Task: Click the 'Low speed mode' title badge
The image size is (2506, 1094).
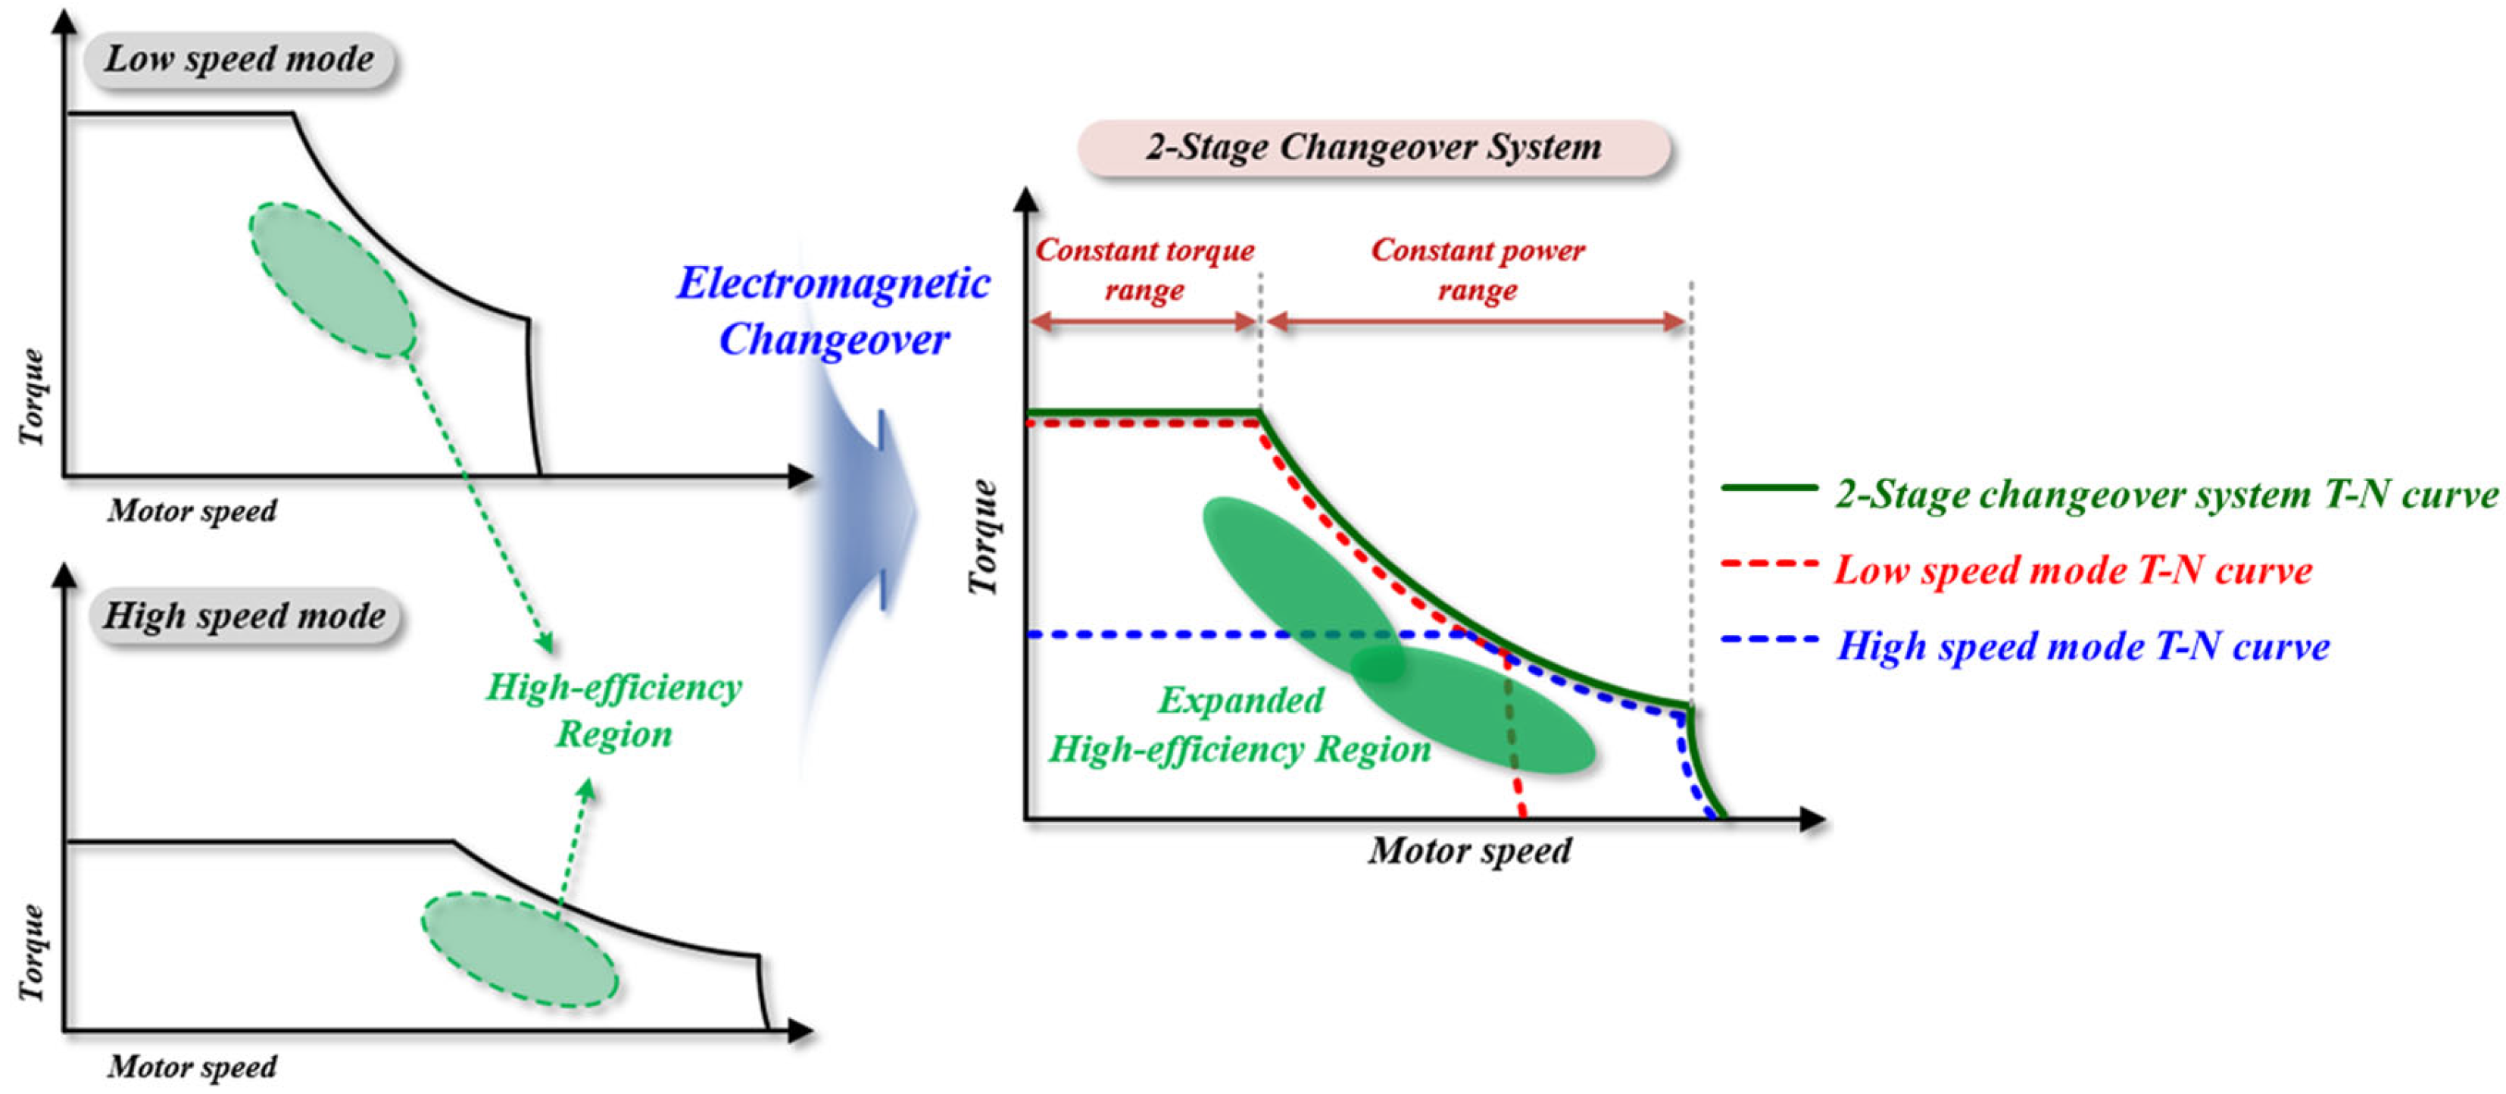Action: coord(239,61)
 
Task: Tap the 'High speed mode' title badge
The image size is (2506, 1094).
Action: coord(244,616)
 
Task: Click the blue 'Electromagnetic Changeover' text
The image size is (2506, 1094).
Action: coord(834,311)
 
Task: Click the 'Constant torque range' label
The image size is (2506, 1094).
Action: coord(1144,270)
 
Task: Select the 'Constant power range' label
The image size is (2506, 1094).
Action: coord(1478,270)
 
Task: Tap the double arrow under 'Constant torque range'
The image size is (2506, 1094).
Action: coord(1144,322)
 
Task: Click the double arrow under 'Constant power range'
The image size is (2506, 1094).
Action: coord(1476,322)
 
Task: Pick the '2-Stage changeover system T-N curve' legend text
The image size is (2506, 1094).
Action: coord(2165,495)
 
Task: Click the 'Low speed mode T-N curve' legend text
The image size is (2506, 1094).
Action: coord(2073,570)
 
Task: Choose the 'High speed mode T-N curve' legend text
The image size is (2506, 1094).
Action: coord(2083,646)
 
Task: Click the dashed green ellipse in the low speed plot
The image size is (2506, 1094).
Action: coord(332,280)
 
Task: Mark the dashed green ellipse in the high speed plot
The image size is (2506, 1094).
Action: coord(520,949)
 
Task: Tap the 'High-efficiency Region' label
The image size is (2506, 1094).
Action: coord(614,711)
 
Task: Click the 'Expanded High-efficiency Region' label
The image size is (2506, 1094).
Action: coord(1240,725)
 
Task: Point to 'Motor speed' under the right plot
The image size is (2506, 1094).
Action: coord(1469,852)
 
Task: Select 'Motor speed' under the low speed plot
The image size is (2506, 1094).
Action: coord(192,511)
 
